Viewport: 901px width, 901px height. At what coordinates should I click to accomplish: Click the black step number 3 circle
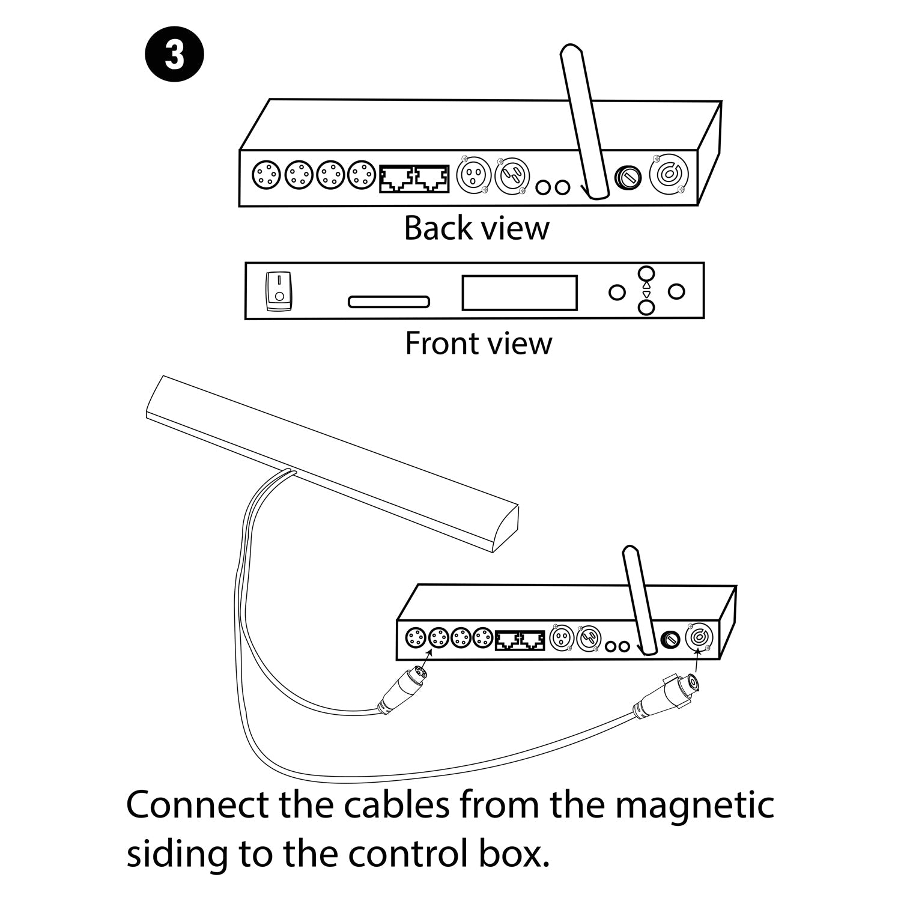[x=174, y=56]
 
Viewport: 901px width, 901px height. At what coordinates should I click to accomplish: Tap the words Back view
[x=476, y=228]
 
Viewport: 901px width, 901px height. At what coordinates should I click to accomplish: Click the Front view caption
[x=478, y=344]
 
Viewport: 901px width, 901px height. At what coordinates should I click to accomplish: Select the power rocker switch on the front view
[x=279, y=291]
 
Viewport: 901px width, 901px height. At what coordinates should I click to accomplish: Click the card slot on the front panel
[x=389, y=302]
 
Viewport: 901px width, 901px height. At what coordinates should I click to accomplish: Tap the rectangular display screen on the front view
[x=520, y=293]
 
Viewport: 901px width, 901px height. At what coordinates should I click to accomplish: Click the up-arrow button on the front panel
[x=646, y=275]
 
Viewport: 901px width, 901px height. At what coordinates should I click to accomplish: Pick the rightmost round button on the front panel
[x=677, y=292]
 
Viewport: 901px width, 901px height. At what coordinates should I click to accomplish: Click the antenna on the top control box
[x=581, y=120]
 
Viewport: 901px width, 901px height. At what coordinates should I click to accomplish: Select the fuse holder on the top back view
[x=628, y=177]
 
